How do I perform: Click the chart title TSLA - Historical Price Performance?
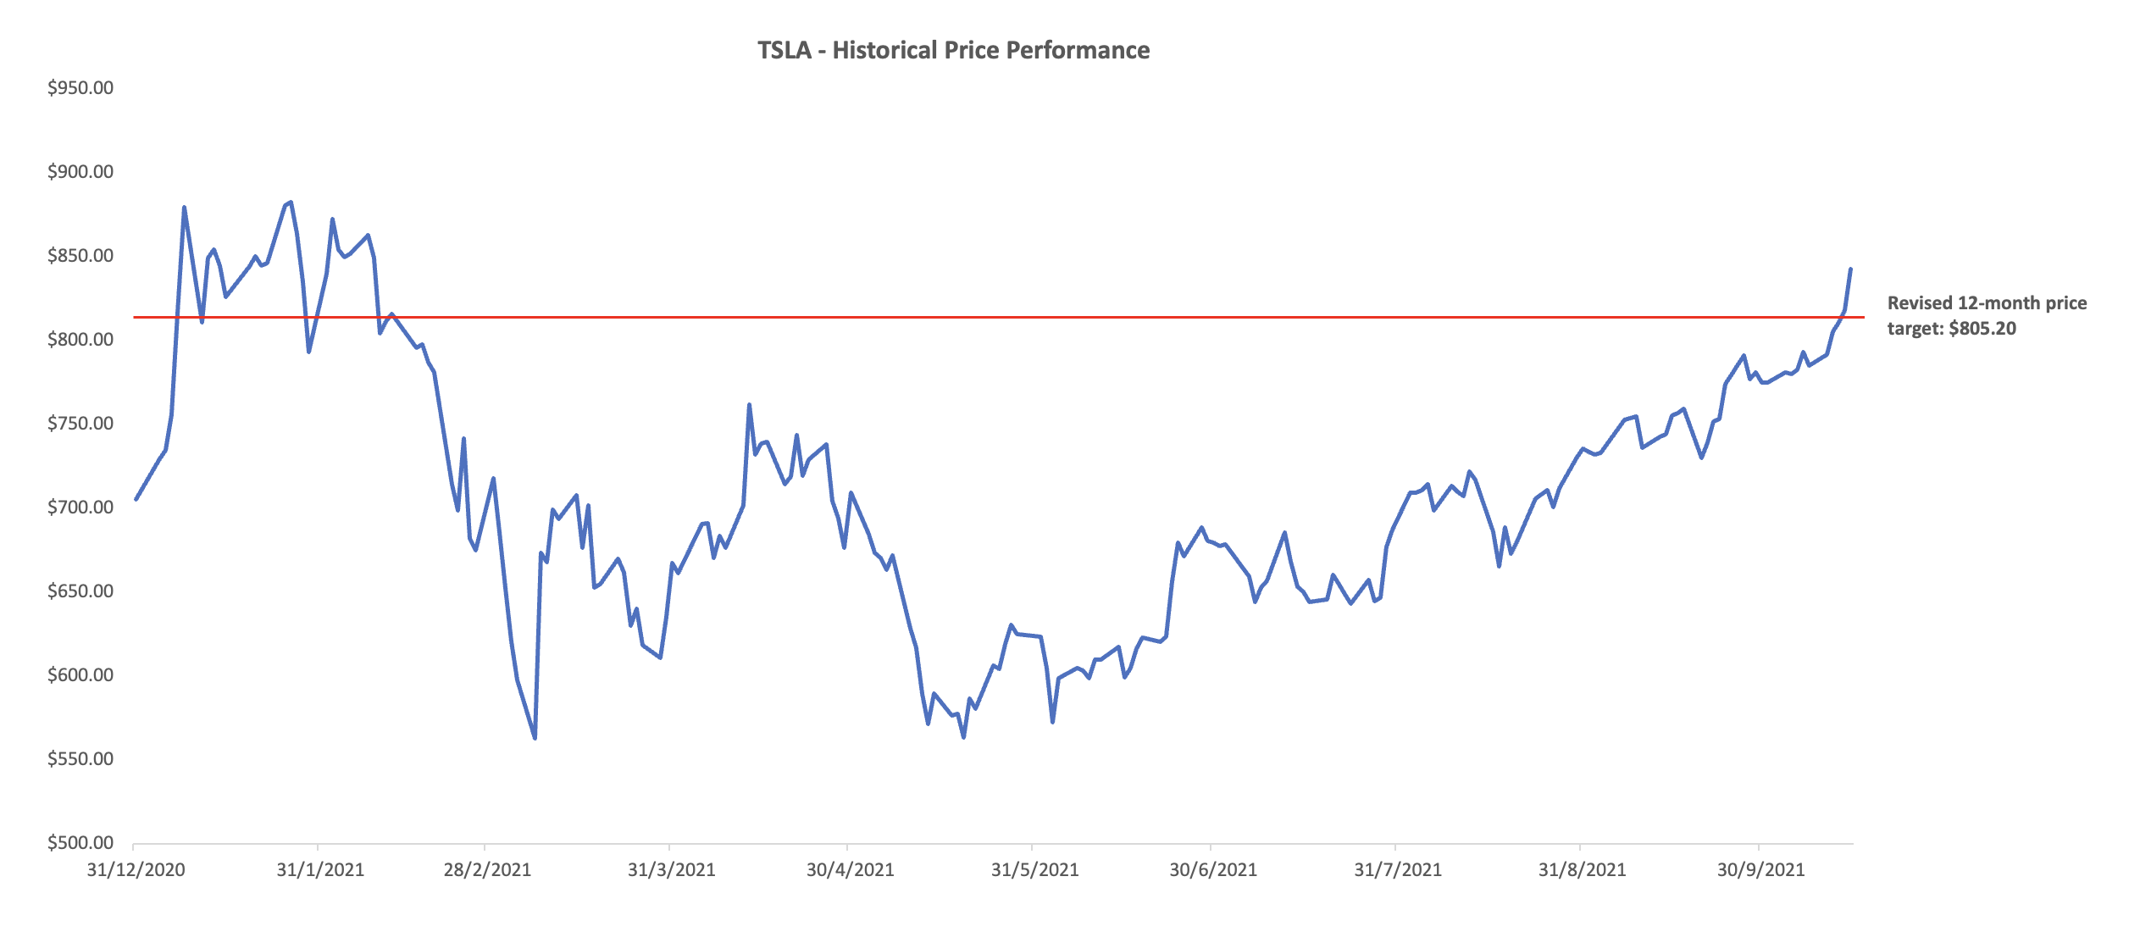(953, 50)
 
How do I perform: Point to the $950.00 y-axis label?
(80, 88)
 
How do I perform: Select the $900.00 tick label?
(80, 172)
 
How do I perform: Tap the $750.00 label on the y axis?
(80, 424)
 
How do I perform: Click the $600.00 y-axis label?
(80, 675)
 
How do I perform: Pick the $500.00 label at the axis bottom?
(80, 843)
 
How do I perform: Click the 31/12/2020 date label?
(136, 870)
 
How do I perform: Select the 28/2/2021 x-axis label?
(487, 870)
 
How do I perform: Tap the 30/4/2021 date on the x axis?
(850, 870)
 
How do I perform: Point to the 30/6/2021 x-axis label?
(1213, 870)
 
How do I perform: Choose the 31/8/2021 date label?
(1582, 870)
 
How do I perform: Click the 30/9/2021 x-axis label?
(1760, 870)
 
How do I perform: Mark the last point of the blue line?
(1850, 269)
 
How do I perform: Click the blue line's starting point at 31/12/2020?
(136, 499)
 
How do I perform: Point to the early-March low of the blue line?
(535, 738)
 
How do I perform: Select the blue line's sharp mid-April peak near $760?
(749, 405)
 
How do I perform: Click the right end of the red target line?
(1863, 318)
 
